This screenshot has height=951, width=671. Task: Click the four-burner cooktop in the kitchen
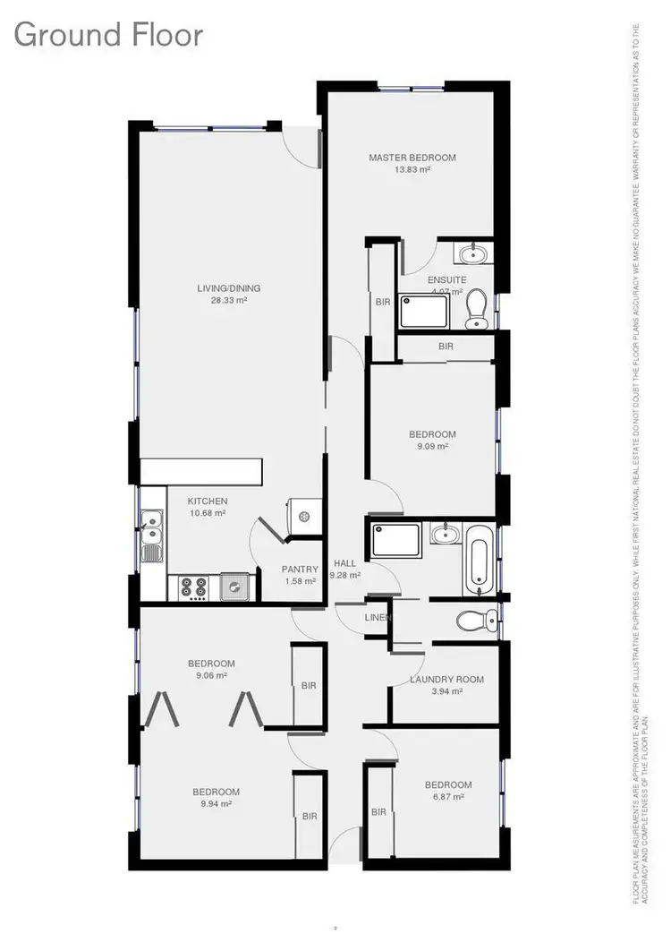[x=194, y=587]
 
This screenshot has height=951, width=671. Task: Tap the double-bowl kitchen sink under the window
[x=151, y=535]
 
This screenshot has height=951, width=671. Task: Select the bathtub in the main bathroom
[x=478, y=559]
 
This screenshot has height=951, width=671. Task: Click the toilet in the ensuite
[x=476, y=308]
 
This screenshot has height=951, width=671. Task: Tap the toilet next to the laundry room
[x=474, y=619]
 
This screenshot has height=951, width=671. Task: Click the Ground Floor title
[x=108, y=36]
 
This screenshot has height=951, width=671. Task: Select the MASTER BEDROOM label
[x=412, y=158]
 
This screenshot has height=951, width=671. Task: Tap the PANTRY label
[x=300, y=569]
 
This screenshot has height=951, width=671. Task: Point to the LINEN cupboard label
[x=376, y=618]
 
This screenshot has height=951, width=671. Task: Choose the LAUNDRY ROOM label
[x=446, y=680]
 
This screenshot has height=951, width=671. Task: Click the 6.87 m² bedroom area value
[x=448, y=797]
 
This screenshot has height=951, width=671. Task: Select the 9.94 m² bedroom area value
[x=217, y=804]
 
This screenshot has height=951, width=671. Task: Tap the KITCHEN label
[x=207, y=501]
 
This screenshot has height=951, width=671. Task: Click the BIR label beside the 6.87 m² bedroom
[x=378, y=812]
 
